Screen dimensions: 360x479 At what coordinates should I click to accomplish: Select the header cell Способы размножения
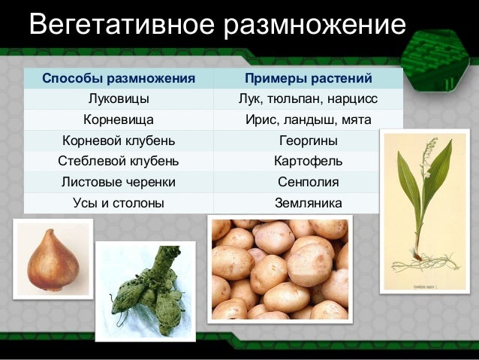118,79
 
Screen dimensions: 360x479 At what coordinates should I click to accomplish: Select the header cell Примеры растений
308,79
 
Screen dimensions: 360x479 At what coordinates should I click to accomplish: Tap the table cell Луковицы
118,99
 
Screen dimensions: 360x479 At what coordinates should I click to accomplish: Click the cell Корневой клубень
118,141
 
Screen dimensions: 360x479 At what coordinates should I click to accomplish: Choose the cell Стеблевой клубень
118,161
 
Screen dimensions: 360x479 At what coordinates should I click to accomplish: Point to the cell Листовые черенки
118,182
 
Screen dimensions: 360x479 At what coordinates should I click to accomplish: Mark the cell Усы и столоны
118,202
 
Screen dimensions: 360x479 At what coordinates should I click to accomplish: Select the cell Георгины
308,141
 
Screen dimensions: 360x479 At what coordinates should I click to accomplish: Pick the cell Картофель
308,161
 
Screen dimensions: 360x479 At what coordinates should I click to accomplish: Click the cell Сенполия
308,182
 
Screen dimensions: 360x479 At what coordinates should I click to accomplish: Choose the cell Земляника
308,202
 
